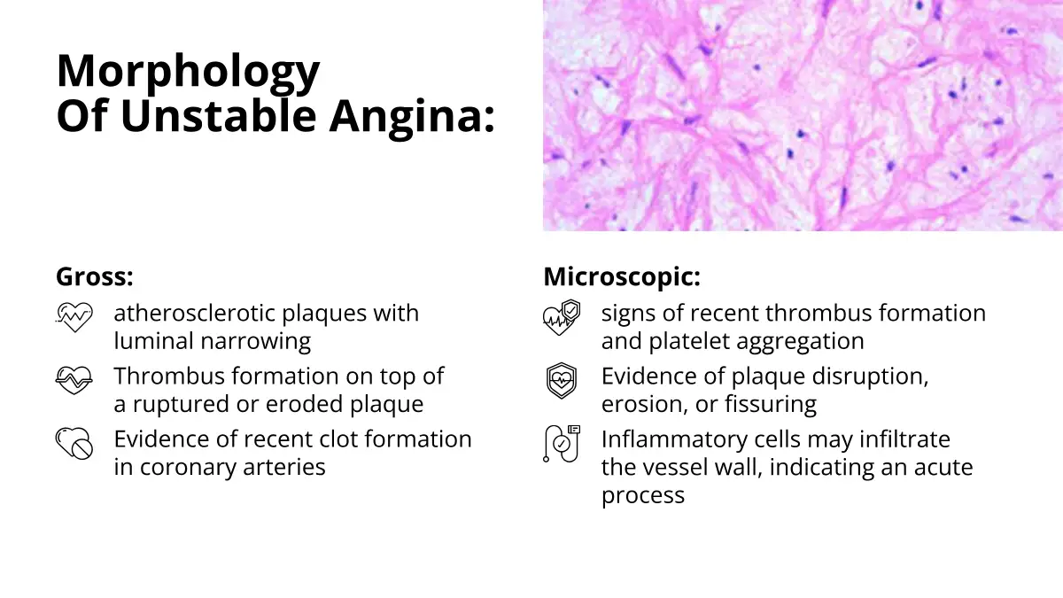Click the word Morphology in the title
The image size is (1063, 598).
(x=188, y=72)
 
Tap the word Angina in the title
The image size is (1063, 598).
(x=412, y=116)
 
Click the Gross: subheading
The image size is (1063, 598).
(x=95, y=276)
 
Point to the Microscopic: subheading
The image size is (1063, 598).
(x=622, y=276)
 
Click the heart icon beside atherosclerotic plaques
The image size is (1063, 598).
(x=74, y=317)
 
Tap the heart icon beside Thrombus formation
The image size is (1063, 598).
(x=74, y=380)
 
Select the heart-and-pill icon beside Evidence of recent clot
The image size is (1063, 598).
(x=74, y=443)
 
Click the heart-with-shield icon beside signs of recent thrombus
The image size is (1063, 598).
(x=562, y=317)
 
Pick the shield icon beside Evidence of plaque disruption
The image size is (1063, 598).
(x=562, y=381)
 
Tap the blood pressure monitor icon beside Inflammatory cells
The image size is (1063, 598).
(x=562, y=444)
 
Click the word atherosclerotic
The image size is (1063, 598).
(x=194, y=314)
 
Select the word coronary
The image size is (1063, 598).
(x=188, y=468)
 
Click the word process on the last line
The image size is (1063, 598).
(x=643, y=496)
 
